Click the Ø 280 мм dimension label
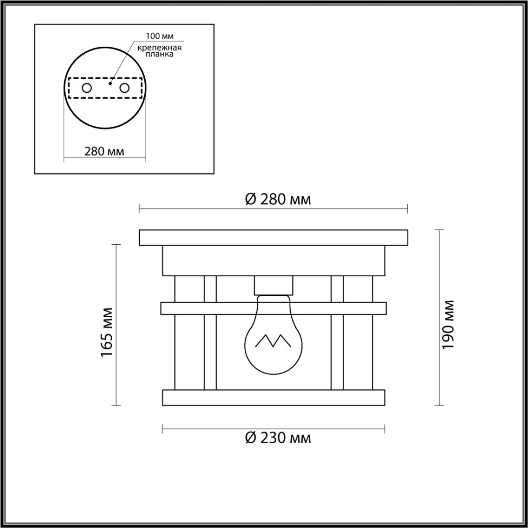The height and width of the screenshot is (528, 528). click(278, 199)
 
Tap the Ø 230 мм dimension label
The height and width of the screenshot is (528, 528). click(278, 438)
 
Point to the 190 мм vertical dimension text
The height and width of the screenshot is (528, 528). click(447, 325)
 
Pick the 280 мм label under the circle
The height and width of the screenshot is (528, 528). click(104, 151)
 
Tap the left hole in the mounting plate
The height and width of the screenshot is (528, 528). click(87, 88)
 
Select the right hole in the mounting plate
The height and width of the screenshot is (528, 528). click(125, 88)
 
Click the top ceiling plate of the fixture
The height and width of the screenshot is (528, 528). click(274, 238)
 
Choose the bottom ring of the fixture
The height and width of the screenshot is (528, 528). click(274, 397)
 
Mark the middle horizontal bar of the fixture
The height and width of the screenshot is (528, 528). click(274, 308)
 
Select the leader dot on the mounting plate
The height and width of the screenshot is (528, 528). click(110, 82)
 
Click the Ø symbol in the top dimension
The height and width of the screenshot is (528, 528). click(250, 199)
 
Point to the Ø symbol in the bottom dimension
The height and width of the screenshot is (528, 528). click(250, 438)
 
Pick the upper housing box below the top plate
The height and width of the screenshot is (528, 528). click(274, 260)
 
